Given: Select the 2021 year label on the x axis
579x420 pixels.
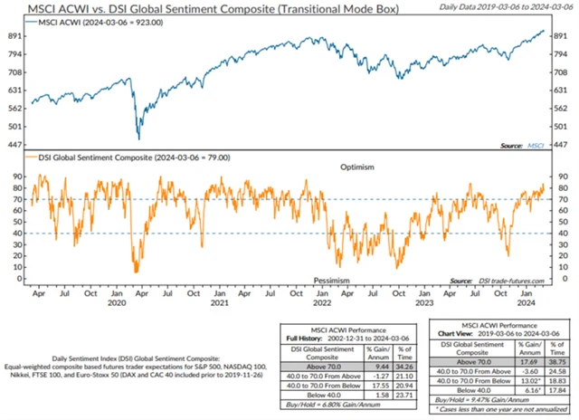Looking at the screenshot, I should click(x=217, y=304).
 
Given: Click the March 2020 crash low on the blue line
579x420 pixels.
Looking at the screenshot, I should click(x=138, y=138).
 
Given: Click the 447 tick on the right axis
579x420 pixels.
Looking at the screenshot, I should click(x=562, y=145).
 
